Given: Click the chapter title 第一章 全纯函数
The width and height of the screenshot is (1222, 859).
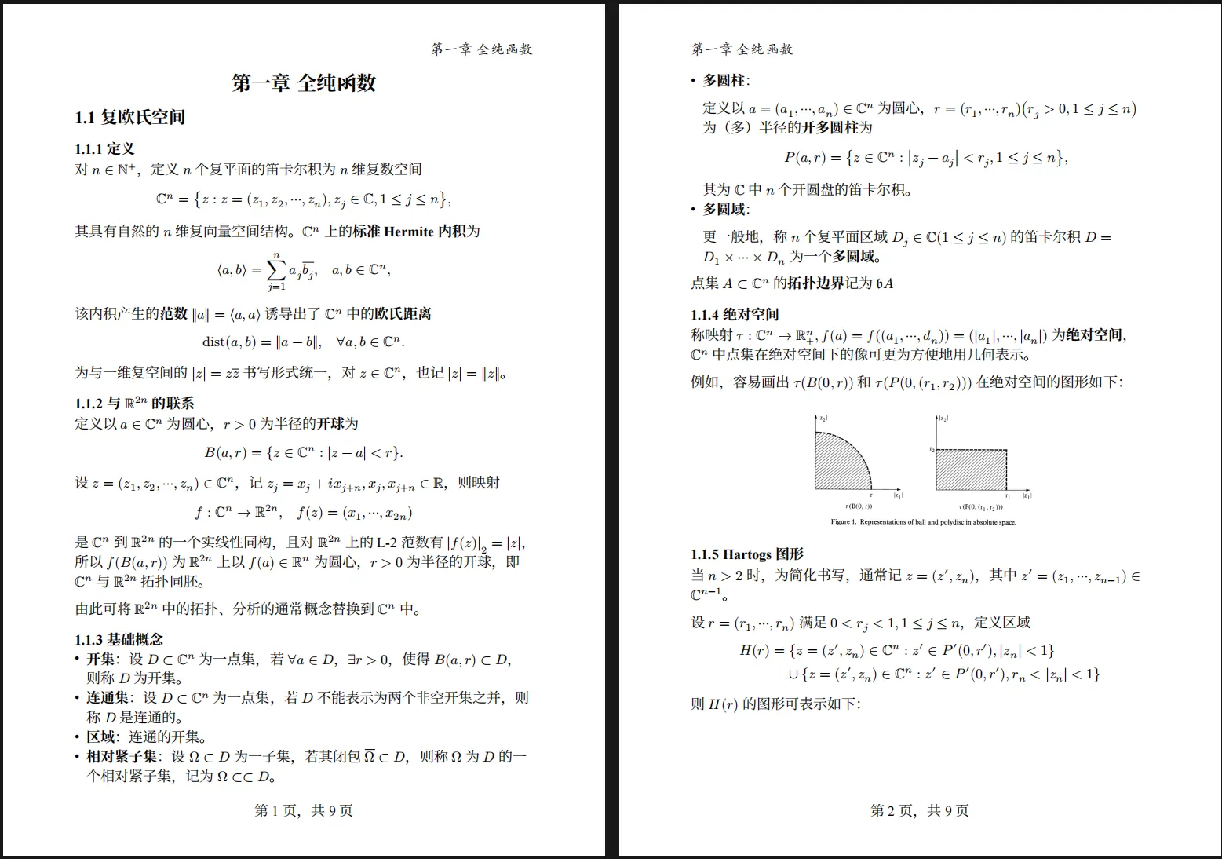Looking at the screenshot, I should [304, 83].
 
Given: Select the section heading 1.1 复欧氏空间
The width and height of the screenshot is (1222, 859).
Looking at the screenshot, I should [130, 118].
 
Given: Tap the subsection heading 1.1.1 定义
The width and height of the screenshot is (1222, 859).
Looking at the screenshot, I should [105, 149].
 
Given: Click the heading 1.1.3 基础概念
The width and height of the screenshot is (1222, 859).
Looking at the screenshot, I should [119, 639].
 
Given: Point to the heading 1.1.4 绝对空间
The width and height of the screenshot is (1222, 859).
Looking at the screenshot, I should [735, 315].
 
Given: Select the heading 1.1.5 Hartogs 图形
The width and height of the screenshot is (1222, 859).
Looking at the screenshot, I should [747, 554].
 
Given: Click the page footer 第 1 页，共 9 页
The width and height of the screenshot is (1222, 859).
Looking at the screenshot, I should [304, 810].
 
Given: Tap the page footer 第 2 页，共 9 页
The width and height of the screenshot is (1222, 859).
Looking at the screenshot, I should [919, 810].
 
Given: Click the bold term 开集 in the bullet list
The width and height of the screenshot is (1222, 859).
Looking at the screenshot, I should [100, 660].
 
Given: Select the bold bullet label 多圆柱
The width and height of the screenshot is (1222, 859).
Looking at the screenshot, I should [724, 81].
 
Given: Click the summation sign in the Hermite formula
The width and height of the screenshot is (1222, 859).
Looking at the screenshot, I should [276, 270].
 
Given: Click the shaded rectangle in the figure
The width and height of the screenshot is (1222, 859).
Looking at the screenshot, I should [971, 470].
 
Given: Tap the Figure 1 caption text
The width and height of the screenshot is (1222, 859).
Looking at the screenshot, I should [923, 522].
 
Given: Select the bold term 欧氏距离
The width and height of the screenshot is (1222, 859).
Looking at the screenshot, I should [403, 314].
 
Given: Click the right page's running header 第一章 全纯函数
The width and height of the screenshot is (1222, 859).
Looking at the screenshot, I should [742, 49].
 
